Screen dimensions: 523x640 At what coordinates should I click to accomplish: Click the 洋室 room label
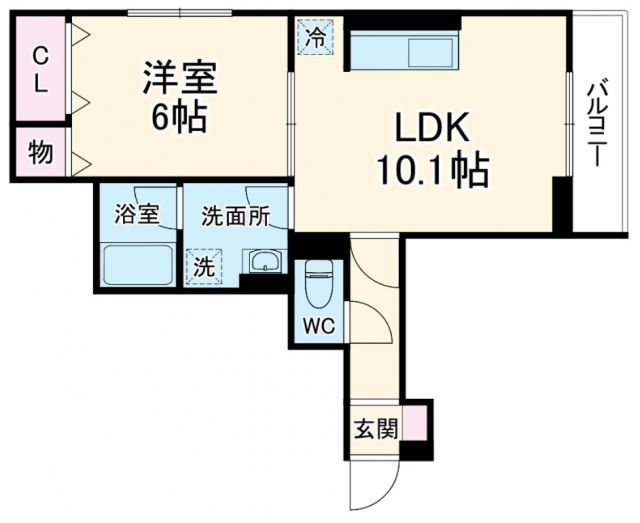pyautogui.click(x=181, y=78)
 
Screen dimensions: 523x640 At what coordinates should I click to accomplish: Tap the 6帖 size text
pyautogui.click(x=180, y=119)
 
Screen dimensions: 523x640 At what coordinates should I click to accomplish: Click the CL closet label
pyautogui.click(x=40, y=70)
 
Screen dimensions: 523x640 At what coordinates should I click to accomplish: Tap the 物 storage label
pyautogui.click(x=40, y=153)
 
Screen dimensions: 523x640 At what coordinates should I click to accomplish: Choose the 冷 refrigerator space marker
pyautogui.click(x=315, y=39)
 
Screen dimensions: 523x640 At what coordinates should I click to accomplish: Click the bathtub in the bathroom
pyautogui.click(x=137, y=266)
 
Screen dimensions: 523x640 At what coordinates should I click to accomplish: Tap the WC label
pyautogui.click(x=319, y=325)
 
